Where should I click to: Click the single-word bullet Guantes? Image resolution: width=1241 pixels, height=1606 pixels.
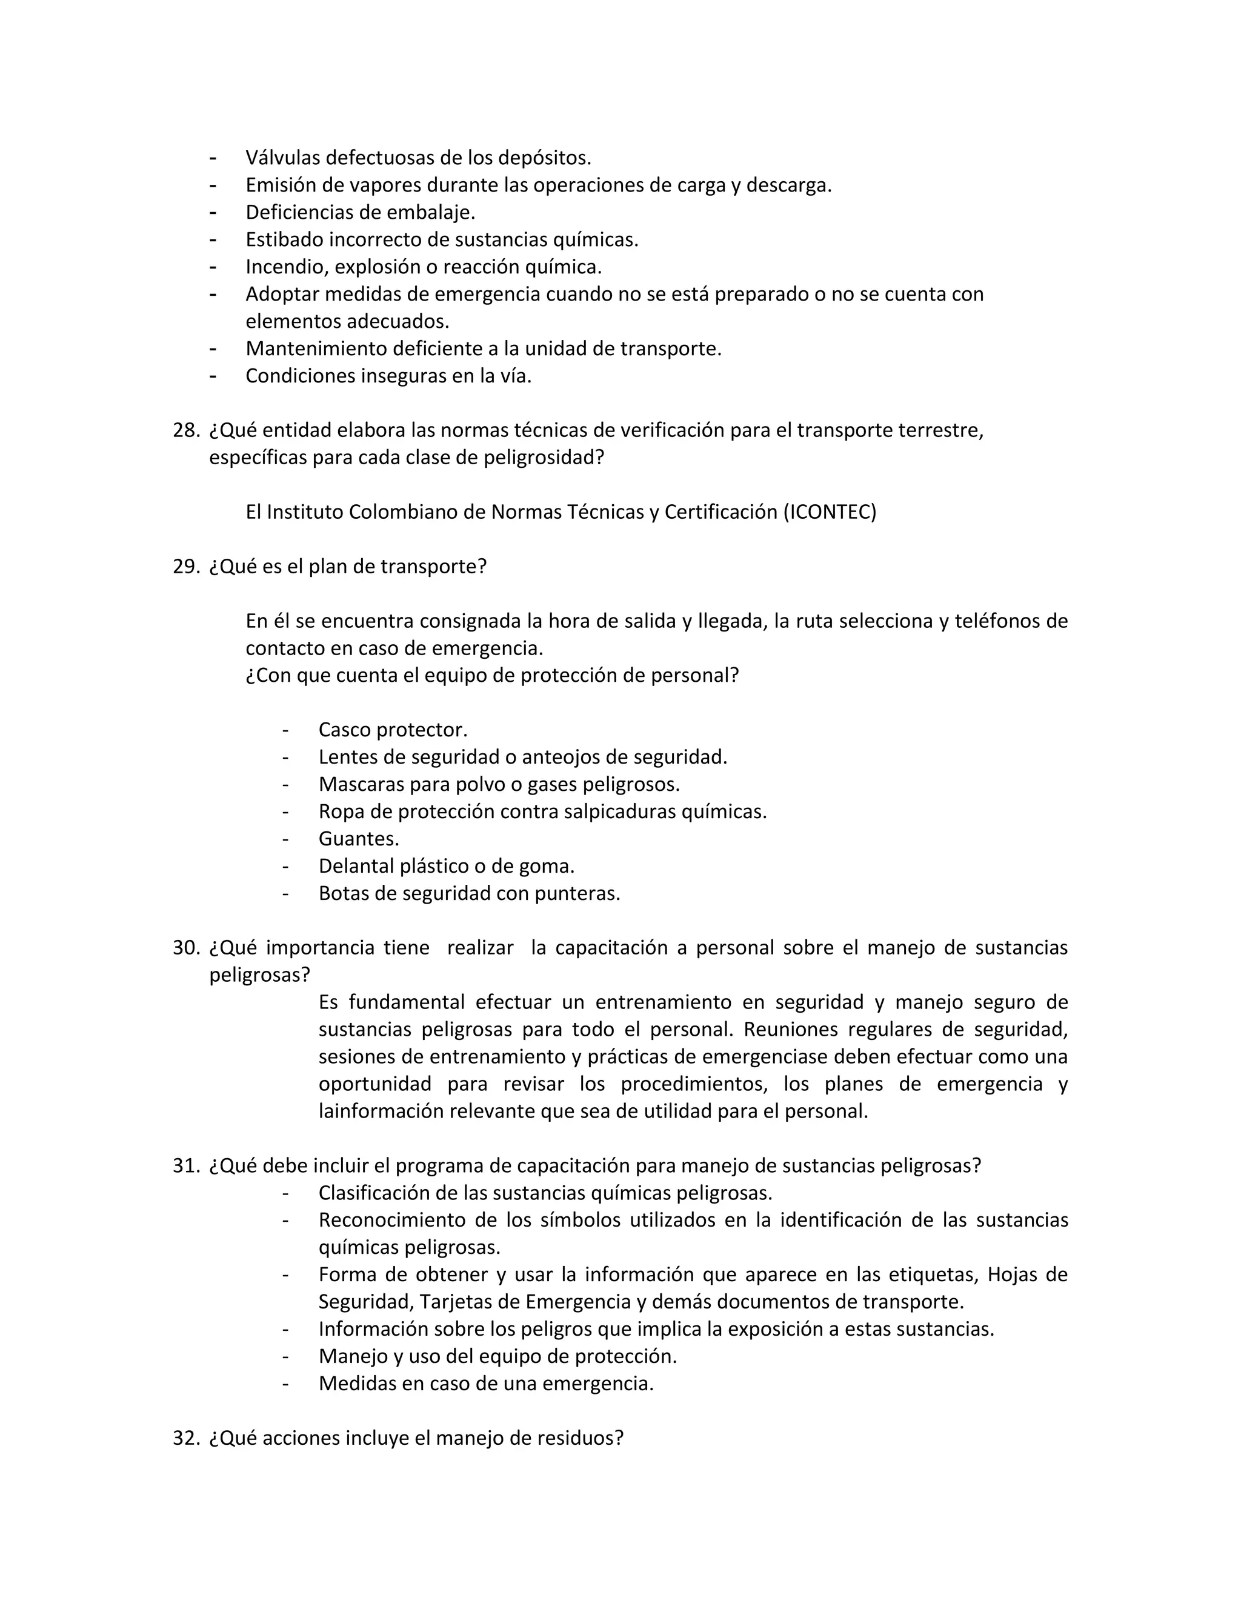pos(358,839)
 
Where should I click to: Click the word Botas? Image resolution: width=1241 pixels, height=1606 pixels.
pos(341,893)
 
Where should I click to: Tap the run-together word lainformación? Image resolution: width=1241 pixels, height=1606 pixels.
pos(380,1111)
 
